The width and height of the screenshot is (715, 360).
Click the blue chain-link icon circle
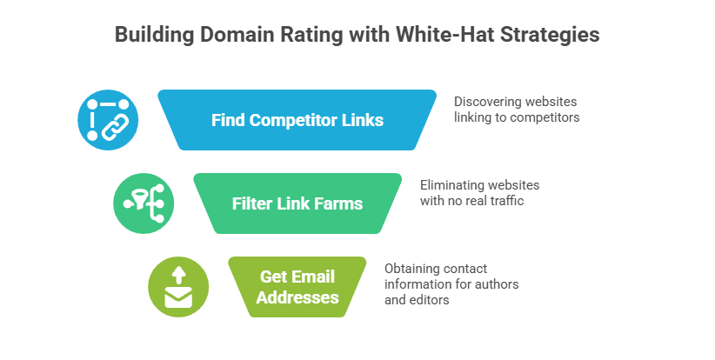point(108,120)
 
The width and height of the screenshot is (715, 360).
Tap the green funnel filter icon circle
point(144,203)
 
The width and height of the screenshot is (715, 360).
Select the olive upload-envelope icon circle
point(178,287)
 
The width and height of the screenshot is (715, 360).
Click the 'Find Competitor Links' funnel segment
point(297,120)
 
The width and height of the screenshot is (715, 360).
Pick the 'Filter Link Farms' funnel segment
point(297,203)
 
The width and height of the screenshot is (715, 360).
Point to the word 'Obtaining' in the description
point(416,268)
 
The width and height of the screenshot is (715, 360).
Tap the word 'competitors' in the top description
point(539,117)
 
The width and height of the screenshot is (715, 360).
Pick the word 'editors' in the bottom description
point(431,299)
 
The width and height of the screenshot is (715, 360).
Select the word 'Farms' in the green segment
point(340,203)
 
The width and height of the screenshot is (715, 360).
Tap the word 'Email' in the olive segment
point(313,277)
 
